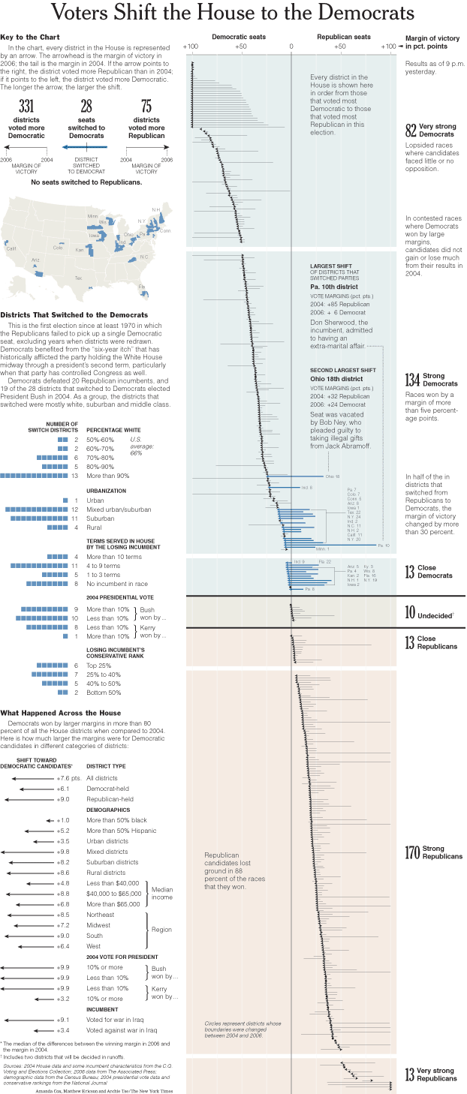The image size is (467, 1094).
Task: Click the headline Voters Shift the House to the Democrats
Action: [233, 14]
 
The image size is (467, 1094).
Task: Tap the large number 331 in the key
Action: [26, 107]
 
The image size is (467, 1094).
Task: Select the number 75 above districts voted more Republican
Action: [146, 107]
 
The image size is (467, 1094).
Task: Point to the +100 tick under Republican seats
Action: [388, 47]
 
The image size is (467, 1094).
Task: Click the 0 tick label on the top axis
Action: [291, 47]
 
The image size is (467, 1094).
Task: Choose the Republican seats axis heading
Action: [343, 37]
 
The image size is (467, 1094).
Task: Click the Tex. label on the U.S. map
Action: [78, 278]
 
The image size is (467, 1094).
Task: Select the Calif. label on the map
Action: [11, 248]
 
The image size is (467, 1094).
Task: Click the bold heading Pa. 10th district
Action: [334, 287]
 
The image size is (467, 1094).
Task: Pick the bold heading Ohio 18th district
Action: [337, 378]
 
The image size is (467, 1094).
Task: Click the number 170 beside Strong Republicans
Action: [412, 852]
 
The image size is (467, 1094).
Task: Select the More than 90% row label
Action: [108, 476]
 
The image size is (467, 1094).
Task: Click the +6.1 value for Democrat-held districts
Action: [64, 789]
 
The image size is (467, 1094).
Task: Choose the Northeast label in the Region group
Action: [101, 915]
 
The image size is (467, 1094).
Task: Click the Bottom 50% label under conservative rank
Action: [104, 692]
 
